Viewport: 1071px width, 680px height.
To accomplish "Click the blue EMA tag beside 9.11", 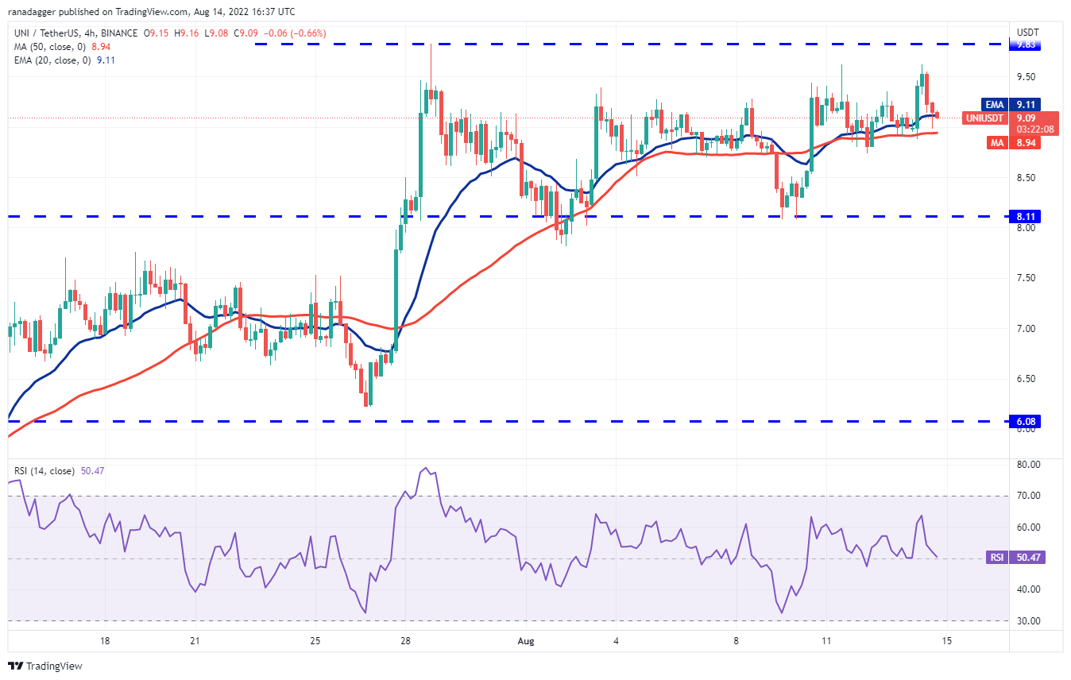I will click(994, 104).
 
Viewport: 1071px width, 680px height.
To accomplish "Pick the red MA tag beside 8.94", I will click(996, 142).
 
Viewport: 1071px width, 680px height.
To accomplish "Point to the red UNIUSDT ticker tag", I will click(987, 118).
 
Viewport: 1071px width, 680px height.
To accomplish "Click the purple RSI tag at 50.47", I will click(996, 558).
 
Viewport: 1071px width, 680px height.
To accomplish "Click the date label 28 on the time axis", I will click(405, 640).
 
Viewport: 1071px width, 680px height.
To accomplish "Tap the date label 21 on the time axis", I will click(195, 640).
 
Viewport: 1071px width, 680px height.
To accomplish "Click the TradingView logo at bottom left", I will click(45, 666).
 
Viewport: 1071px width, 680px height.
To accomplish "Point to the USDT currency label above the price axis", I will click(1027, 33).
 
